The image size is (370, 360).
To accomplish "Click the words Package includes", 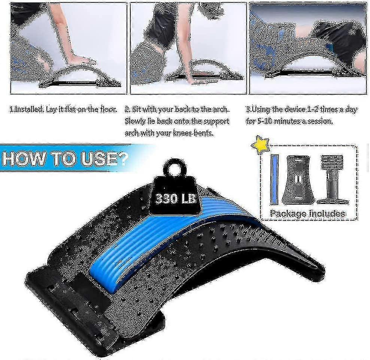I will (307, 213).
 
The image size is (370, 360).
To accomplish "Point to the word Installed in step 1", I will (28, 109).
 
